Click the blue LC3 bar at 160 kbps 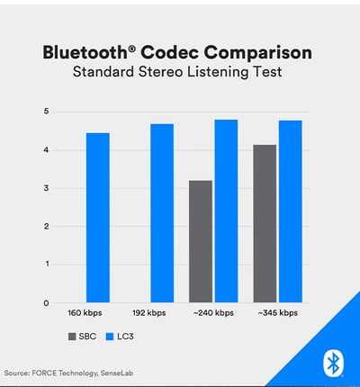click(x=98, y=218)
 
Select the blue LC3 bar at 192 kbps click(x=162, y=213)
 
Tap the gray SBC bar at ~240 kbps click(x=201, y=241)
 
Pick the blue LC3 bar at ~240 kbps click(x=227, y=211)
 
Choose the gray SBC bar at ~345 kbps click(x=265, y=223)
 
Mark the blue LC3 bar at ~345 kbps click(x=291, y=211)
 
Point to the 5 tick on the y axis click(x=46, y=112)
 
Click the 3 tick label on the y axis click(x=46, y=188)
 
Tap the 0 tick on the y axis click(x=46, y=303)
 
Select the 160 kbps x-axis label click(x=85, y=313)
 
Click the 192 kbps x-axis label click(x=149, y=313)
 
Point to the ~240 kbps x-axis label click(x=213, y=313)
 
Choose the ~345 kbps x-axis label click(x=278, y=313)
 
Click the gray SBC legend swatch click(x=72, y=337)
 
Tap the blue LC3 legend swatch click(x=110, y=337)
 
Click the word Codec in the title click(x=169, y=53)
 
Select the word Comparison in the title click(x=258, y=54)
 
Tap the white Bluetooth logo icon click(x=333, y=364)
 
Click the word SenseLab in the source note click(x=117, y=373)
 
